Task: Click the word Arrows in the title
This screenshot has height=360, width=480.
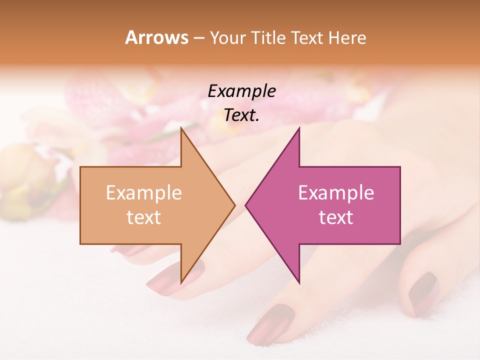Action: click(157, 37)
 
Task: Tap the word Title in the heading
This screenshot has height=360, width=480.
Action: click(270, 37)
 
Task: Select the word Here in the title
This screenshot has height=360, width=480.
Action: click(347, 37)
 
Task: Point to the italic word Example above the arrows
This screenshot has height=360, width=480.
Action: click(241, 91)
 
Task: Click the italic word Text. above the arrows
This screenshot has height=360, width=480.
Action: click(241, 115)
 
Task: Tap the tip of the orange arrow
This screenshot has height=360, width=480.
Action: click(234, 205)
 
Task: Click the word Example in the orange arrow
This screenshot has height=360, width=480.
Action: click(143, 193)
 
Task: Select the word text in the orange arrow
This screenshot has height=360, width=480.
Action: click(143, 217)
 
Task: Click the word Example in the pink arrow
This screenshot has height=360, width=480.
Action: click(336, 193)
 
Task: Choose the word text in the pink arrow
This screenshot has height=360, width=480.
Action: click(336, 217)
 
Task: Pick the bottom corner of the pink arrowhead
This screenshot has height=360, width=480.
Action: click(299, 283)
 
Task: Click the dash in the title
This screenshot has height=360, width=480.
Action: click(198, 38)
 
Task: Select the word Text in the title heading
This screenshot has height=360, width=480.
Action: click(307, 37)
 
